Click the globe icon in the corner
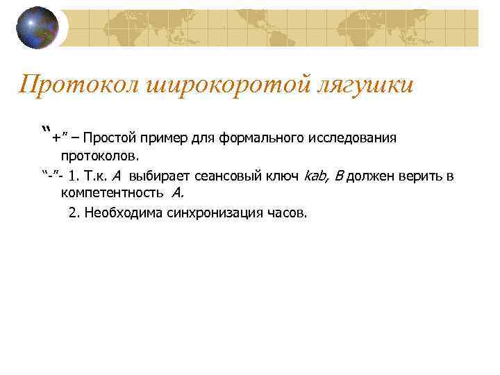click(x=37, y=28)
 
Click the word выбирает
click(x=158, y=176)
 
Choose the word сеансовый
click(x=229, y=176)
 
